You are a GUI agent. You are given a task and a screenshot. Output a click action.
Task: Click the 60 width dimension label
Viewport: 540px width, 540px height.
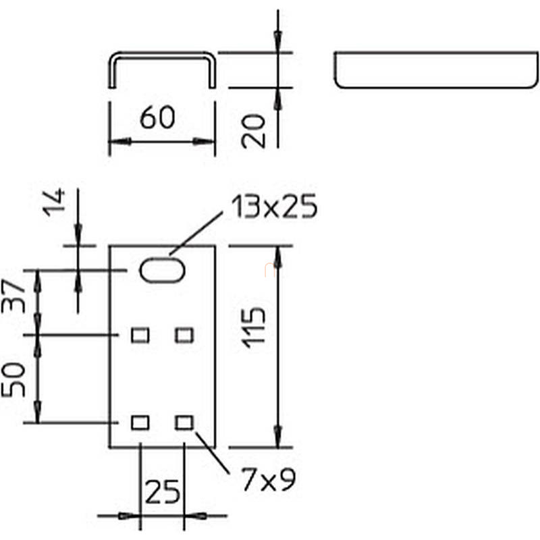(x=157, y=117)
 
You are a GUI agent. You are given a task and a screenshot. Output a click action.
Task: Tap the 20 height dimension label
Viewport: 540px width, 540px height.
(x=254, y=131)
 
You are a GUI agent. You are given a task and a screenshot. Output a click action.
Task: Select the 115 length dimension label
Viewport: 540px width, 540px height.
(x=254, y=327)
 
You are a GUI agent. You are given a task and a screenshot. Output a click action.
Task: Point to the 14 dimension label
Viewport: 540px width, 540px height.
(x=54, y=202)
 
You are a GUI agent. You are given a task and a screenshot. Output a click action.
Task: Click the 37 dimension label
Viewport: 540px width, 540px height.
(x=13, y=296)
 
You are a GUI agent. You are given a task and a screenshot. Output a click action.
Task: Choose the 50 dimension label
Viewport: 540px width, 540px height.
(x=13, y=380)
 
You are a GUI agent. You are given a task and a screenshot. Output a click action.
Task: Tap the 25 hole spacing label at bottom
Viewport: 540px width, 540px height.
(x=162, y=492)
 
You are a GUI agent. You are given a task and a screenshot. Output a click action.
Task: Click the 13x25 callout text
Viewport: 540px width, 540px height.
(x=274, y=207)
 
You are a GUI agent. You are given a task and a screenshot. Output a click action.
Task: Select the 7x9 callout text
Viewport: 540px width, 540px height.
(x=268, y=479)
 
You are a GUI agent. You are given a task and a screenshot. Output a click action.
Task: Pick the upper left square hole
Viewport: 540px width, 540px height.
(x=140, y=335)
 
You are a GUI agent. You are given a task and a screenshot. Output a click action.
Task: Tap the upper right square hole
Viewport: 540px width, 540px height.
(x=184, y=335)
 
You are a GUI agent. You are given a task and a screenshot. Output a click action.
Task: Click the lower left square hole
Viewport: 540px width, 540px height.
(x=140, y=423)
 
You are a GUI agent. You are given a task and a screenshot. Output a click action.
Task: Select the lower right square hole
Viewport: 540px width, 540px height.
(x=184, y=423)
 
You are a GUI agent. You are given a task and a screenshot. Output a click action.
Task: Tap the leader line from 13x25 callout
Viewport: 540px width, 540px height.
(x=196, y=234)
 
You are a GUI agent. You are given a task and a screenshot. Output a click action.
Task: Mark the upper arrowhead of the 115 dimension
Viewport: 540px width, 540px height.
(x=278, y=257)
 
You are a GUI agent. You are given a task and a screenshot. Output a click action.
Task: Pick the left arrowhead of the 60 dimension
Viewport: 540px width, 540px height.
(x=120, y=141)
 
